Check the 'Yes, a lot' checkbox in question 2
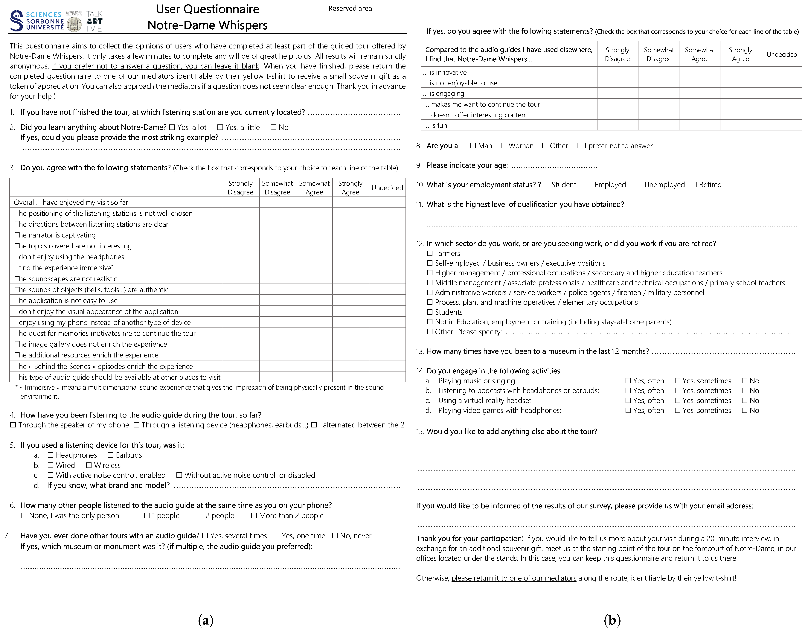[x=172, y=127]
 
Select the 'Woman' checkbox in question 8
[x=504, y=146]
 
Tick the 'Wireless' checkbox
[x=89, y=465]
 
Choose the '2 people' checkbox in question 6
[x=201, y=515]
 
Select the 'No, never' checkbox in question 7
[x=335, y=536]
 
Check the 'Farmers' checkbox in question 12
[x=430, y=253]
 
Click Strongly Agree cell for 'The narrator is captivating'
[x=350, y=235]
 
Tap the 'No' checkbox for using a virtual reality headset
[x=745, y=400]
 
